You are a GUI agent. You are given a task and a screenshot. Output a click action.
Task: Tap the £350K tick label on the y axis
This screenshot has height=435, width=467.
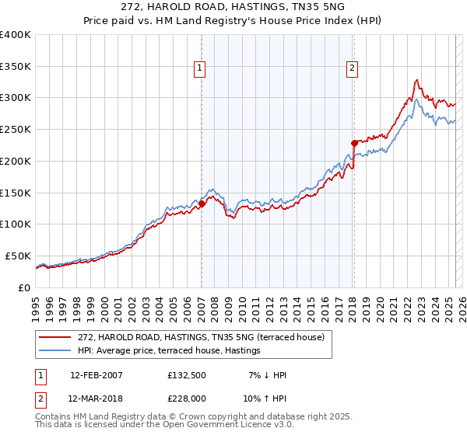[x=16, y=67]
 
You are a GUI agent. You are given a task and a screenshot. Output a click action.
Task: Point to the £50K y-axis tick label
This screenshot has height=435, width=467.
[x=18, y=256]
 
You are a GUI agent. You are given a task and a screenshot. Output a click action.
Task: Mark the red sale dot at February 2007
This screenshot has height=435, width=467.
[x=202, y=204]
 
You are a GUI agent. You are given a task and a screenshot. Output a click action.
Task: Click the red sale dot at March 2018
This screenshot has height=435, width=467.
[x=353, y=143]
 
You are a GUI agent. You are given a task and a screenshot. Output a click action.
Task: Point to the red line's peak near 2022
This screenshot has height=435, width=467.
[x=417, y=79]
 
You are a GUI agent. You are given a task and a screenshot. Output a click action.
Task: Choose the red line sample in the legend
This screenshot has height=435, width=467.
[x=55, y=337]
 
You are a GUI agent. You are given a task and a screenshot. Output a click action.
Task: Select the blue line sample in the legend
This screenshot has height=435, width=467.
[x=55, y=351]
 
